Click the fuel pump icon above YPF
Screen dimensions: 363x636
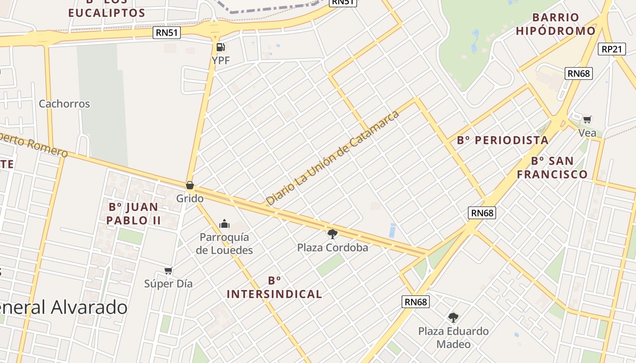click(221, 47)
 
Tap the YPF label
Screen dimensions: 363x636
click(221, 60)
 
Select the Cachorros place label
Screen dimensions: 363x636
click(65, 104)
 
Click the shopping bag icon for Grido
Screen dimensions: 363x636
click(190, 186)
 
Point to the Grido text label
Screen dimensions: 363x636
click(190, 198)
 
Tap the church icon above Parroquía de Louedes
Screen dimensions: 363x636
click(224, 224)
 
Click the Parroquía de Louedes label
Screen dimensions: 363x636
click(224, 244)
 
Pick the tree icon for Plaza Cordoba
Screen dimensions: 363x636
click(333, 234)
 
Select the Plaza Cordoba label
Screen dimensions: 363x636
click(333, 248)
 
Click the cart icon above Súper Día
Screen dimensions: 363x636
click(169, 271)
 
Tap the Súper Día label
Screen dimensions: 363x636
click(169, 284)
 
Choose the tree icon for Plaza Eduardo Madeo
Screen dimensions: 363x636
click(453, 318)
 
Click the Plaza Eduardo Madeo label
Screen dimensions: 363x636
click(453, 337)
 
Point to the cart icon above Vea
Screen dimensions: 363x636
click(587, 120)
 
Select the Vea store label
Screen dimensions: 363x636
click(587, 133)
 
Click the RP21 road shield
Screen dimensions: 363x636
click(612, 49)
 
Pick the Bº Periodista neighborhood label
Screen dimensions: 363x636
click(503, 140)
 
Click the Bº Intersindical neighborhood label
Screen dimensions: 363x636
click(274, 287)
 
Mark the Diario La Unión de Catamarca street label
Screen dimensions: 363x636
click(333, 157)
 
